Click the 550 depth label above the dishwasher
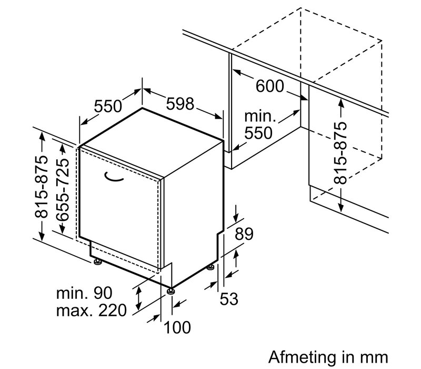[x=108, y=106]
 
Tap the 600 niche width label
[x=269, y=86]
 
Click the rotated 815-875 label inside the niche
[x=342, y=152]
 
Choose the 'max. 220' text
[x=92, y=310]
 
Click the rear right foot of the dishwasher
[x=211, y=267]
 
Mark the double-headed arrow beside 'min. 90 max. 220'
[x=138, y=298]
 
